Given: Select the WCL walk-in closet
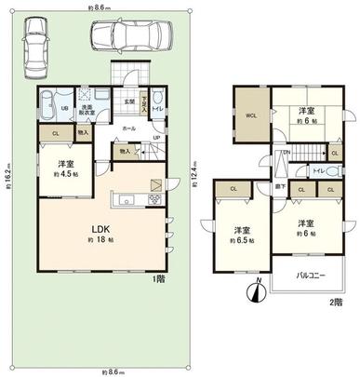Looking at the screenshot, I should click(250, 115).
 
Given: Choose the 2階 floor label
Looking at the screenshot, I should click(335, 303).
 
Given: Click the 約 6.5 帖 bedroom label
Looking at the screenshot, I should click(241, 233).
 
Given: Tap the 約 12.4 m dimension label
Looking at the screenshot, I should click(193, 169).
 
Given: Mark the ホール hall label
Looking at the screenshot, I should click(129, 127).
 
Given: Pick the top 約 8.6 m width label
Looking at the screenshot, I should click(99, 7).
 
